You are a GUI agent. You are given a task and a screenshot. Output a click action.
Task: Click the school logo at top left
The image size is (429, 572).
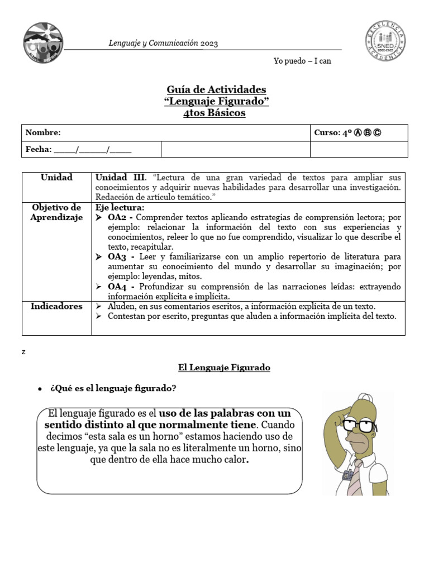tap(44, 43)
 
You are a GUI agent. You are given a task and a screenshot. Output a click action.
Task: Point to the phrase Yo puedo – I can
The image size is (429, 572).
tap(302, 61)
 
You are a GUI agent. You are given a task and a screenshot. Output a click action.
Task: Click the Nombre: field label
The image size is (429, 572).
tap(43, 132)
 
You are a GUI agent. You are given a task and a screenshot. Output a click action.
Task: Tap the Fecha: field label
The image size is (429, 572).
tap(39, 149)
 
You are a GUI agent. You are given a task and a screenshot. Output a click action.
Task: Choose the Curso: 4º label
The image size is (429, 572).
tap(334, 132)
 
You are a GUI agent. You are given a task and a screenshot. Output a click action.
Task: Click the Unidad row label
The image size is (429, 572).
tap(56, 177)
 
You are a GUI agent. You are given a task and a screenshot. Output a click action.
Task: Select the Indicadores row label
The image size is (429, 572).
tap(56, 306)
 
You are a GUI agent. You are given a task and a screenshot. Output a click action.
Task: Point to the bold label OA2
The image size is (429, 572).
tap(120, 217)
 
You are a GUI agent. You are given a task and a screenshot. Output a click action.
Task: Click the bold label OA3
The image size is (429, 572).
tap(120, 257)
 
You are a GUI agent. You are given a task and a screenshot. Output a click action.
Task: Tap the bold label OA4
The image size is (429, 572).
tap(120, 287)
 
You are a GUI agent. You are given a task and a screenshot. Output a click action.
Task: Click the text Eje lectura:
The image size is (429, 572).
tap(120, 207)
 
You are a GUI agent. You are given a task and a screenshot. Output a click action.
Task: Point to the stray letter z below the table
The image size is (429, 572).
tap(23, 352)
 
